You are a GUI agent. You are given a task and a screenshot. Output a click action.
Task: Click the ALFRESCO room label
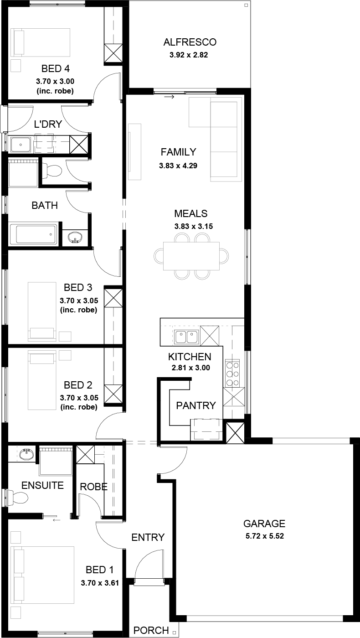point(190,42)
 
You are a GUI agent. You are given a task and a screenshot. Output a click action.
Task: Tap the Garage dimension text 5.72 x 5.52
point(265,536)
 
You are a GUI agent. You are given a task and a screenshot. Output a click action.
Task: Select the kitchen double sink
point(186,337)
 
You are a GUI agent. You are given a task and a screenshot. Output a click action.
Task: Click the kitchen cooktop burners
point(232,373)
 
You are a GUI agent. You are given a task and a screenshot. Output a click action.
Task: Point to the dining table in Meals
point(191,256)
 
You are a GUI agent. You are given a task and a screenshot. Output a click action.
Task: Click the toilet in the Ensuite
point(17,498)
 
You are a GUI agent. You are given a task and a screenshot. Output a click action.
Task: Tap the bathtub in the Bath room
point(34,234)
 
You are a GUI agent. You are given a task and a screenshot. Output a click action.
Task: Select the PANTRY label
point(196,405)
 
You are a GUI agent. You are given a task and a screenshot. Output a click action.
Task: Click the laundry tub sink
point(21,145)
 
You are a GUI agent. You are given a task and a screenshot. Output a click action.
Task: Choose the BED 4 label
point(56,69)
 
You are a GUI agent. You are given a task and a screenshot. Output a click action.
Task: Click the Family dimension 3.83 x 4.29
point(178,166)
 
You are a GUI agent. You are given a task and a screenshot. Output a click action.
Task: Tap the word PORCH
point(151,630)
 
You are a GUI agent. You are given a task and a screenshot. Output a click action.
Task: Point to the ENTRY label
point(148,538)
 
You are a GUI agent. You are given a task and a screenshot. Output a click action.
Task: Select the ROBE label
point(93,487)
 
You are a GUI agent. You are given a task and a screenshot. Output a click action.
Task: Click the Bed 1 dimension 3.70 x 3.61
point(100,583)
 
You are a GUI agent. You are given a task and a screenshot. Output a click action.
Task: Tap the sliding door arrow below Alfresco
point(169,97)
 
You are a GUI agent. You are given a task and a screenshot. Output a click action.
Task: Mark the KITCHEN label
point(190,357)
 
